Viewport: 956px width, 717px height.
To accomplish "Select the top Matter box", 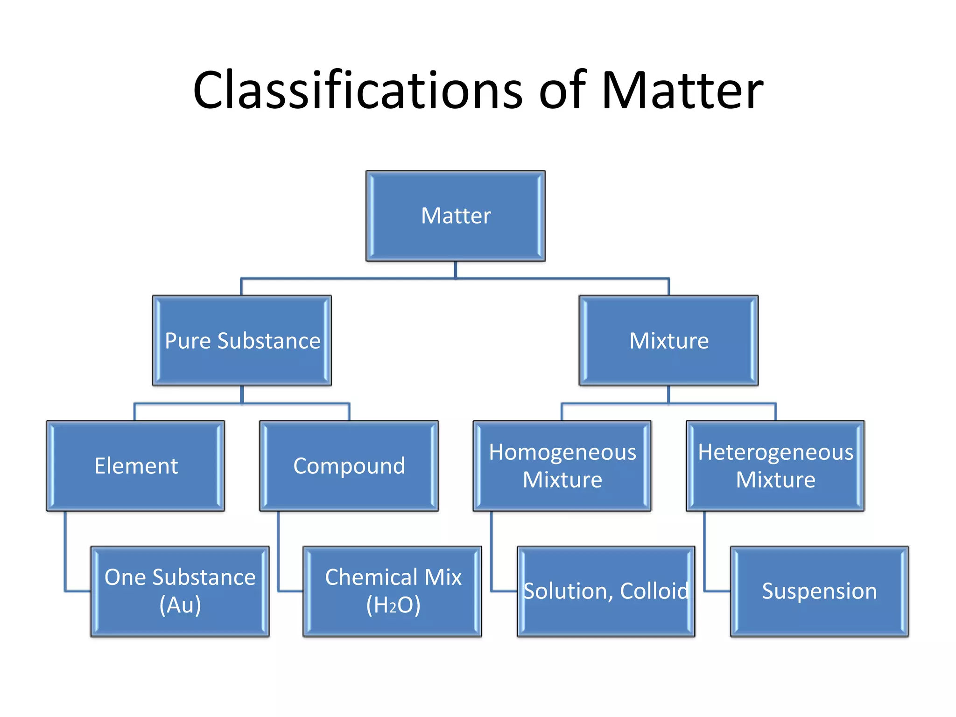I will point(455,216).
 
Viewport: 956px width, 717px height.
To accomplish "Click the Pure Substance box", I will point(242,340).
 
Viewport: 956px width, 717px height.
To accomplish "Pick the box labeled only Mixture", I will point(668,340).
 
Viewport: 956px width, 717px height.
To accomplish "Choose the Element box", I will point(135,466).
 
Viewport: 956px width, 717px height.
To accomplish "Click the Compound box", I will point(349,466).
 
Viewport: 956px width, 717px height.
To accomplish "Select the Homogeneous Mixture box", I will point(562,466).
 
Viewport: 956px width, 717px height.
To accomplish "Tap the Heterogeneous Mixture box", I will point(775,466).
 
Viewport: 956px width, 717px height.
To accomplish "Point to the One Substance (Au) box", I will point(180,591).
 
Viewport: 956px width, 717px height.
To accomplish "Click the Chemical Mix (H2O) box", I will point(393,591).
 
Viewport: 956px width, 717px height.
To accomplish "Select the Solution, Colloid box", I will point(606,591).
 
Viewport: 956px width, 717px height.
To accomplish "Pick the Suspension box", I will point(819,591).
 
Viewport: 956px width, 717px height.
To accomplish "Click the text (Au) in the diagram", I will point(180,605).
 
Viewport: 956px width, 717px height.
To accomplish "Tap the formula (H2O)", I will point(393,605).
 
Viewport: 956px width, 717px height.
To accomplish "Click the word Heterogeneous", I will point(775,452).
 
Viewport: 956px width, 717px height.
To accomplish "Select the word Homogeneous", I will point(562,452).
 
